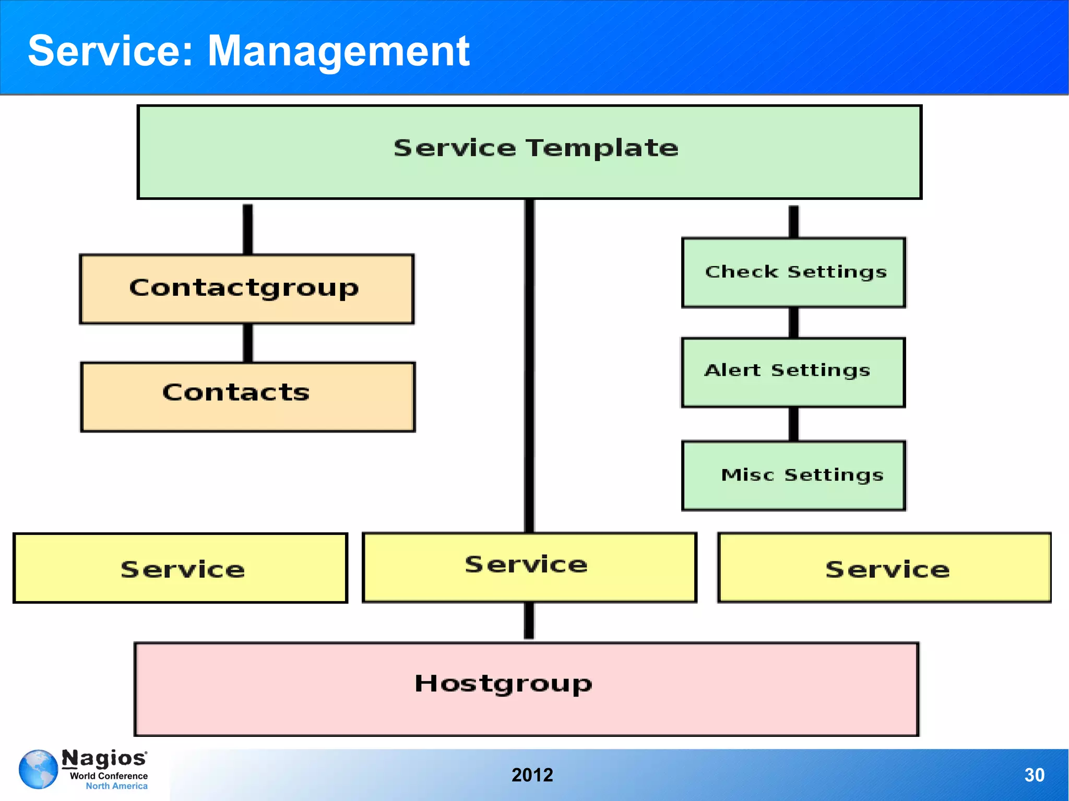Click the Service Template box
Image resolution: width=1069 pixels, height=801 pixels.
[529, 152]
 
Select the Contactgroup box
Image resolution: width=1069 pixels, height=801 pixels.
[246, 289]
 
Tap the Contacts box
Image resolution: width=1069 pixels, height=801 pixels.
[248, 397]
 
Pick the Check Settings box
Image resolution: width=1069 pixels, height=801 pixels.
[793, 272]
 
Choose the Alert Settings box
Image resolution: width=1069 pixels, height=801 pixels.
[793, 372]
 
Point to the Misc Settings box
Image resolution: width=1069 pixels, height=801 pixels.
[793, 475]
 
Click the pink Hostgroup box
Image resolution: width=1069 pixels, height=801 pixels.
[526, 689]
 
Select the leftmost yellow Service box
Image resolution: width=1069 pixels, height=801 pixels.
[180, 568]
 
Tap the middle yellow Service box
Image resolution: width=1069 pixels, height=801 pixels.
[529, 567]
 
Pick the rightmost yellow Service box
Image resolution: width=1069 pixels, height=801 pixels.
[884, 568]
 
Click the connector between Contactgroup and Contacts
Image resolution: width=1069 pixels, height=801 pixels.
[248, 343]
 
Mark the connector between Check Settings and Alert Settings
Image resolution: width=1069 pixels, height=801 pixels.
[793, 322]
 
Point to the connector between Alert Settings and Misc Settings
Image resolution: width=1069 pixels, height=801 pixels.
[793, 424]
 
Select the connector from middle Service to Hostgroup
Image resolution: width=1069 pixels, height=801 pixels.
[529, 621]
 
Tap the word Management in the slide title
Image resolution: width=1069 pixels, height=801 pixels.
[338, 51]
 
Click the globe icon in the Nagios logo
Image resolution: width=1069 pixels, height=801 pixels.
[38, 769]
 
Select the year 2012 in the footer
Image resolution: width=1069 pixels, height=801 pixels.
[532, 775]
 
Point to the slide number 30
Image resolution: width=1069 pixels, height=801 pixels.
[1034, 775]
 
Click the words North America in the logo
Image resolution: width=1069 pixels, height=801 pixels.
[116, 786]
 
